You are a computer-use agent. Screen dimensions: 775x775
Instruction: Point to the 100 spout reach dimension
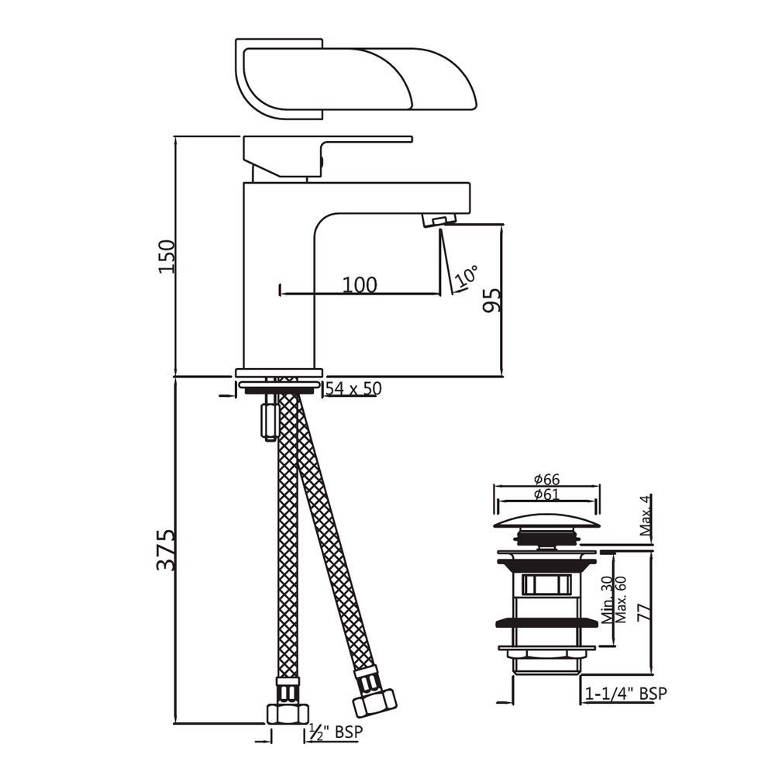(x=360, y=284)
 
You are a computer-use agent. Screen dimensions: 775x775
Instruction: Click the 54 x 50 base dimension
(x=353, y=388)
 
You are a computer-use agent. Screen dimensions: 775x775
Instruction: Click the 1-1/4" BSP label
(x=626, y=693)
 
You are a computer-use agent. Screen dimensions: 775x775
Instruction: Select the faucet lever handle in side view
(x=325, y=151)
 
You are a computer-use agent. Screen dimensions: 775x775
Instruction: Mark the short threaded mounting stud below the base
(x=269, y=419)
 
